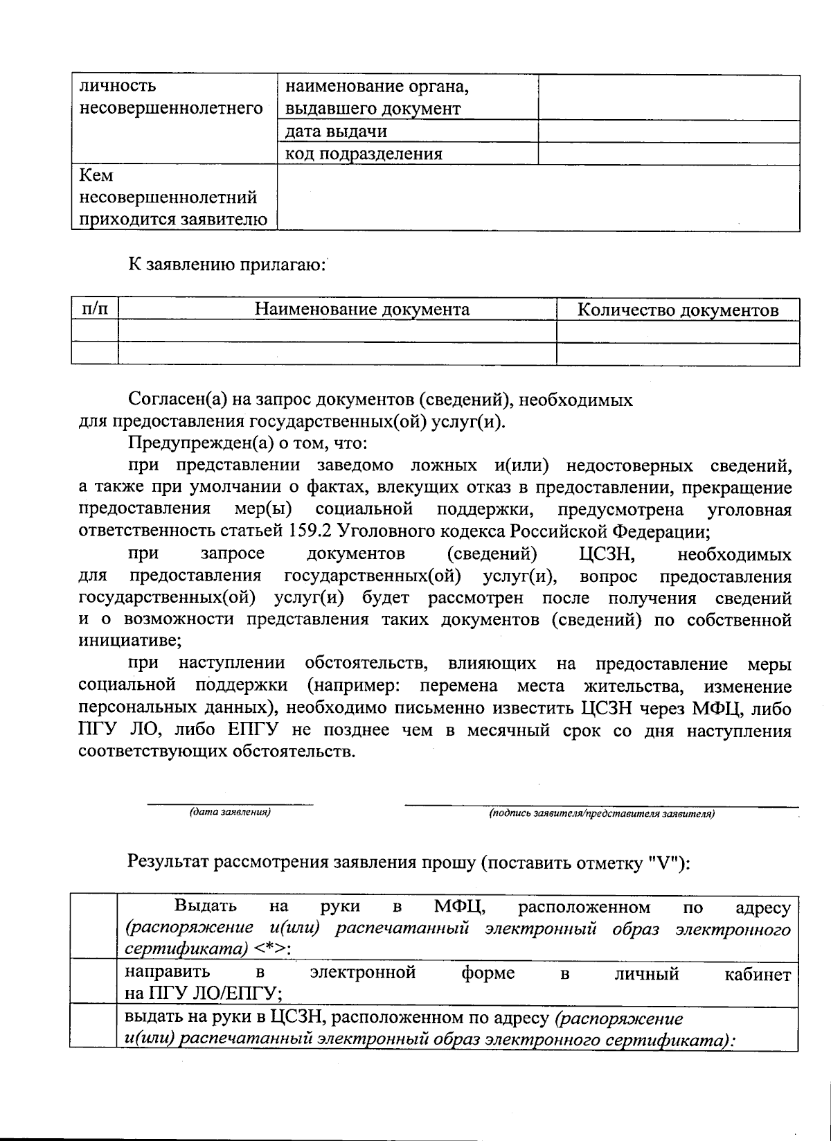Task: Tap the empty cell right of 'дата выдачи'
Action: tap(668, 132)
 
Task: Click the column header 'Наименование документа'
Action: tap(362, 310)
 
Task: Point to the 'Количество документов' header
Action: tap(677, 310)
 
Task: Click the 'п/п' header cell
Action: tap(95, 309)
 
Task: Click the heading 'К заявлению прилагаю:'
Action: tap(226, 264)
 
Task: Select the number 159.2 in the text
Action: tap(305, 532)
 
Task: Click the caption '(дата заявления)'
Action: tap(230, 812)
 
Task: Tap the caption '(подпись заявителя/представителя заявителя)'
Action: tap(601, 813)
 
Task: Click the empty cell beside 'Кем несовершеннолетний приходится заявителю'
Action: tap(537, 197)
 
